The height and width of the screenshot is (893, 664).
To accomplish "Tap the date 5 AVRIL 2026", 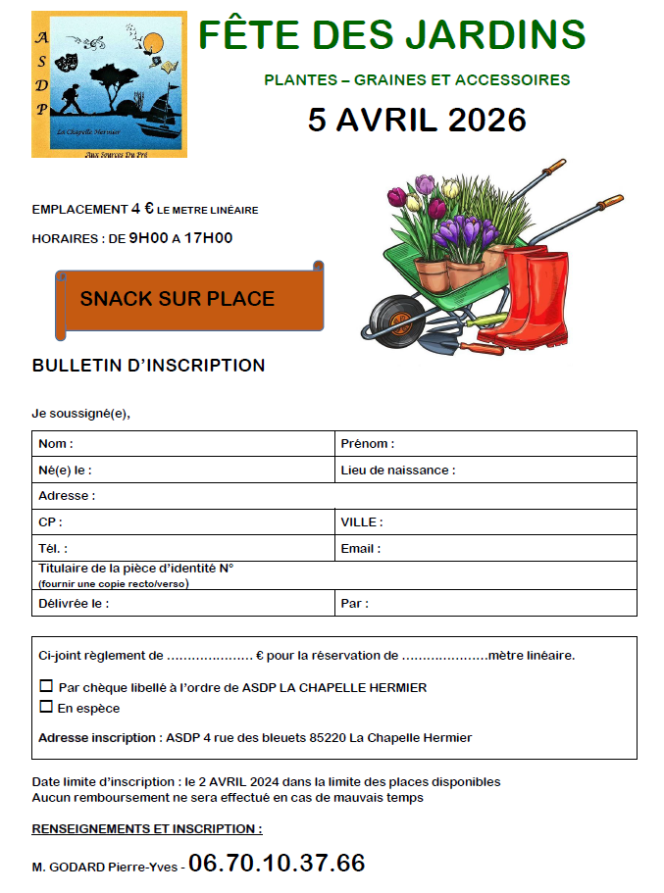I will pyautogui.click(x=417, y=119).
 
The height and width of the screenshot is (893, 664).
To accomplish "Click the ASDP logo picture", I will pyautogui.click(x=109, y=84).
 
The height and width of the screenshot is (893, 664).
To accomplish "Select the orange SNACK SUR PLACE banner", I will pyautogui.click(x=178, y=299).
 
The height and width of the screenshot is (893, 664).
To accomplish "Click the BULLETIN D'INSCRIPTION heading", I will pyautogui.click(x=148, y=366).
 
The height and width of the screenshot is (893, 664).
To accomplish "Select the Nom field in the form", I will pyautogui.click(x=183, y=444).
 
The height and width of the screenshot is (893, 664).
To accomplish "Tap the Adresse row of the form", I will pyautogui.click(x=333, y=496).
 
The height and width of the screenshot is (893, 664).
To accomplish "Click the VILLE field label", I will pyautogui.click(x=361, y=522).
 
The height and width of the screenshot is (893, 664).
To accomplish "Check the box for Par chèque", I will pyautogui.click(x=46, y=686).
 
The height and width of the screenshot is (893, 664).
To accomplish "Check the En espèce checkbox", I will pyautogui.click(x=46, y=707).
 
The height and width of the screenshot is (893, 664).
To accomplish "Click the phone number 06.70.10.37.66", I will pyautogui.click(x=277, y=864).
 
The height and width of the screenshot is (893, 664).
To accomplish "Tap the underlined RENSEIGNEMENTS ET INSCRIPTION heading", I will pyautogui.click(x=147, y=828).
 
